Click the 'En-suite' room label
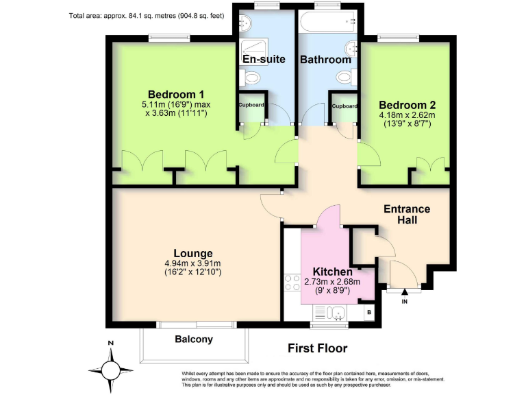[x=264, y=60]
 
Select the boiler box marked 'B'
[x=369, y=313]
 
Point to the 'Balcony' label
[x=194, y=339]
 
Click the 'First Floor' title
[x=317, y=348]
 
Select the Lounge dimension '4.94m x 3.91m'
[x=192, y=263]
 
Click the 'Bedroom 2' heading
[x=408, y=105]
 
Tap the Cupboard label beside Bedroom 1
[x=251, y=106]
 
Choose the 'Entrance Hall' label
[x=407, y=215]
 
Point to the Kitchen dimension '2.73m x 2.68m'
[x=331, y=281]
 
